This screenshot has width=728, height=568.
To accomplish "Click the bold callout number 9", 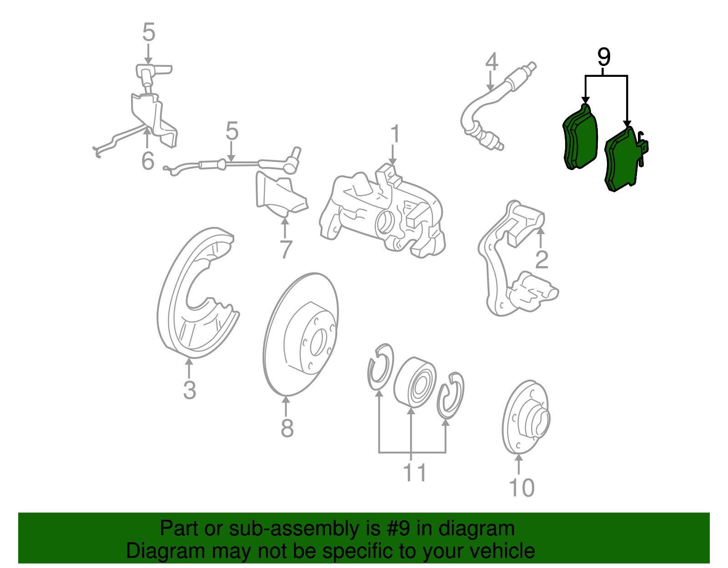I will (603, 58).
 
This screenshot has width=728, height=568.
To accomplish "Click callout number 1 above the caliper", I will (394, 135).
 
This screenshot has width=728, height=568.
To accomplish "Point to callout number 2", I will (541, 260).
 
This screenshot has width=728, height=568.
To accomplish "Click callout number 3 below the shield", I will (189, 390).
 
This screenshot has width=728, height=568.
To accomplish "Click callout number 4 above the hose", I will (491, 62).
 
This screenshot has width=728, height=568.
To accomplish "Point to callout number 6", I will (148, 161).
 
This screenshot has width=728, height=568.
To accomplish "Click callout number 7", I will (285, 250).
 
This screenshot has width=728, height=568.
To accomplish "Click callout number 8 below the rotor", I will (287, 428).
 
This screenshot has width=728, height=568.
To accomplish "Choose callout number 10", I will (521, 488).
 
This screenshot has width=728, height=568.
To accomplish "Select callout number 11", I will (414, 473).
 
